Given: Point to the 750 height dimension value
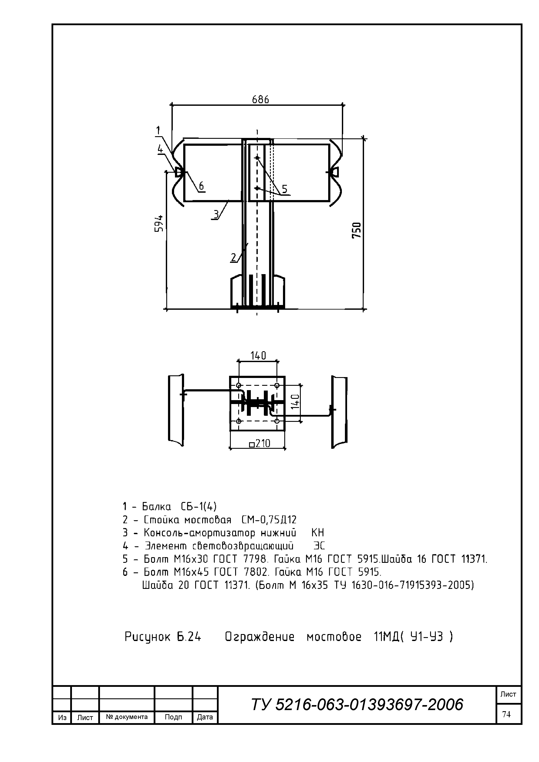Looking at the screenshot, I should point(356,230).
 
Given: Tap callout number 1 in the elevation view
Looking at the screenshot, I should point(158,130).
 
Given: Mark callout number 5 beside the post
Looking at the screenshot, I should point(285,189).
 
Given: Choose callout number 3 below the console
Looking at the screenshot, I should point(216,214).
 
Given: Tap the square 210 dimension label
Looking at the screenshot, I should point(260,443).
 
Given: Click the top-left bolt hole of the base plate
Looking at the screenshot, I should point(238,385).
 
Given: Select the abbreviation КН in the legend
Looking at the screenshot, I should point(318,533).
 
